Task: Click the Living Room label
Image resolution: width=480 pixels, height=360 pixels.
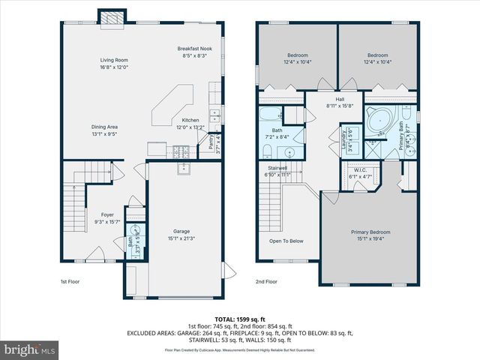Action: point(115,60)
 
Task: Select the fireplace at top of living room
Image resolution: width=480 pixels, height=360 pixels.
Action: point(111,17)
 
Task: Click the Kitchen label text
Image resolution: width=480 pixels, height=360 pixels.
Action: point(190,120)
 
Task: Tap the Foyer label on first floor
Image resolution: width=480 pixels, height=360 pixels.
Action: point(101,215)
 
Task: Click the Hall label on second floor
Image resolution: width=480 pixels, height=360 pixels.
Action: point(339,99)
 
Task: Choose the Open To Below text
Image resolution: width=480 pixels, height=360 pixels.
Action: point(286,241)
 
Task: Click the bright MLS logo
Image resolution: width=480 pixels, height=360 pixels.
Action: point(30,349)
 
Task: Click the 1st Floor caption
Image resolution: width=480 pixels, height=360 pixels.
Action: point(70,282)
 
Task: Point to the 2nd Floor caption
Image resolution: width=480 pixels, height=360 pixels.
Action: point(265,282)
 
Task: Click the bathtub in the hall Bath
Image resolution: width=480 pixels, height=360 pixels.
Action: point(268,115)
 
